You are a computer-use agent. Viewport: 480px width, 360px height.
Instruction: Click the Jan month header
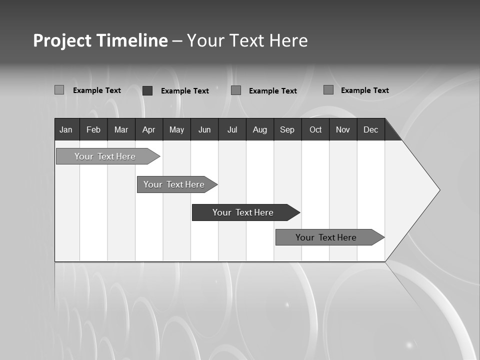[x=66, y=129]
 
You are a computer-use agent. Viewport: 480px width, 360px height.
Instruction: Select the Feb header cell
[x=93, y=129]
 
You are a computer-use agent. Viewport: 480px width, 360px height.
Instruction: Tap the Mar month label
[x=121, y=129]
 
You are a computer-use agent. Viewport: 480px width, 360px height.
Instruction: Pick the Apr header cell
[x=149, y=129]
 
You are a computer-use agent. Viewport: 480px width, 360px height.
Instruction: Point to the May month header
[x=176, y=129]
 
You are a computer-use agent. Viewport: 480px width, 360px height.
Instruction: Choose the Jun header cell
[x=204, y=129]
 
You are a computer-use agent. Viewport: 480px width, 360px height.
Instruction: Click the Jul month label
[x=232, y=129]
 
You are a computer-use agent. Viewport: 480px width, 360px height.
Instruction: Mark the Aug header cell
[x=260, y=129]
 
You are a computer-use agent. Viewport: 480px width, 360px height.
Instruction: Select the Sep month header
[x=287, y=129]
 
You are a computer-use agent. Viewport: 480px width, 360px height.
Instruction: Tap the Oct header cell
[x=315, y=129]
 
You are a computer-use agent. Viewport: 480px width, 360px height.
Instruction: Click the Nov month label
[x=343, y=129]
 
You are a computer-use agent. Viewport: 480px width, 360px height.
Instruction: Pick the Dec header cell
[x=371, y=129]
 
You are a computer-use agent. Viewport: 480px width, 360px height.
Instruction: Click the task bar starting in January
[x=105, y=156]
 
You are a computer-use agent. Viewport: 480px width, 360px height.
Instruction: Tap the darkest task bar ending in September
[x=243, y=212]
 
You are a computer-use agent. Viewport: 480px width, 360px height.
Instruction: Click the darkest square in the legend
[x=147, y=90]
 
